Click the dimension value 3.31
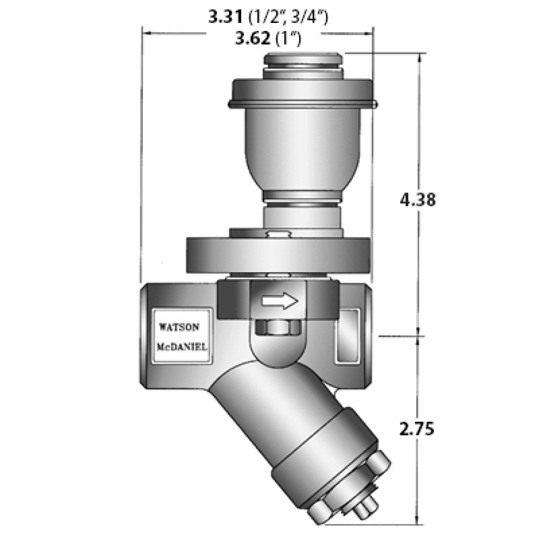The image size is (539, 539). [x=226, y=17]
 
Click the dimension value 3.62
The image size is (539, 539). [x=253, y=38]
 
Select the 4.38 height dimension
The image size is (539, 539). [x=417, y=200]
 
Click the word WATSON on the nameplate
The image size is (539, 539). [x=179, y=327]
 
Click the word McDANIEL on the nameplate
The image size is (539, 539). [x=182, y=347]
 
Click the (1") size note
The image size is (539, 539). [x=288, y=38]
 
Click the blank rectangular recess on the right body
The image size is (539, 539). [x=347, y=336]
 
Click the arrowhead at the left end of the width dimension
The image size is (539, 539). [x=147, y=33]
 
